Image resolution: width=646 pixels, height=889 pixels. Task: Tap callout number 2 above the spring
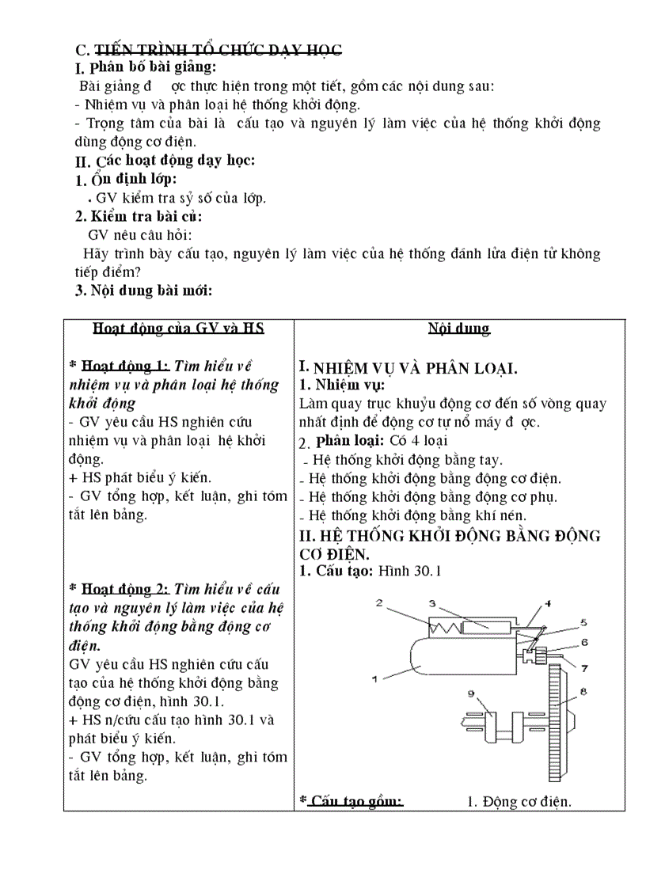pos(379,603)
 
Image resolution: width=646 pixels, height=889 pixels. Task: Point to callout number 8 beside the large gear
pos(583,691)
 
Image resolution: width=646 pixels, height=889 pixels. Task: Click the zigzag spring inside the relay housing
pos(435,627)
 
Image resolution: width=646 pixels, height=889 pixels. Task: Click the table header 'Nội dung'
pos(459,329)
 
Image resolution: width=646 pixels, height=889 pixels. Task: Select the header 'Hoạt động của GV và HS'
pos(178,329)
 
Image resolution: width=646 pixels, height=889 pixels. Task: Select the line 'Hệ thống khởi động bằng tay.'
pos(407,460)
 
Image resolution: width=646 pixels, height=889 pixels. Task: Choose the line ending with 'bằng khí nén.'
pos(416,516)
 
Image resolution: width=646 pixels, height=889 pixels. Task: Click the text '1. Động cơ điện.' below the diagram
pos(519,802)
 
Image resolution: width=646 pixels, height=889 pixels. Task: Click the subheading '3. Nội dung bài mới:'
pos(143,290)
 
